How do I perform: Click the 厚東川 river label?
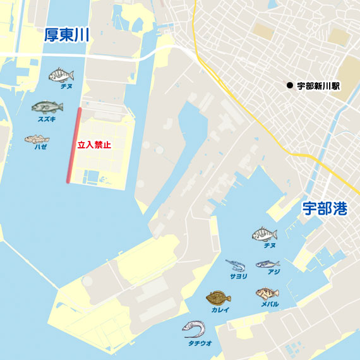tap(66, 35)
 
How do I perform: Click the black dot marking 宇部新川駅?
tap(289, 85)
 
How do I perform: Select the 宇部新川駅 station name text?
tap(318, 85)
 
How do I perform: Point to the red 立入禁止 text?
tap(94, 145)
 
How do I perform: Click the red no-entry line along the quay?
tap(74, 145)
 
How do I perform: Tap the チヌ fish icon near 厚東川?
tap(61, 75)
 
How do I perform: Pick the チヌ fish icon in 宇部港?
tap(265, 234)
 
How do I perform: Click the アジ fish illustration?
tap(267, 263)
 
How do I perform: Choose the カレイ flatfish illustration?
tap(219, 297)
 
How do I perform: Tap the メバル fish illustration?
tap(267, 293)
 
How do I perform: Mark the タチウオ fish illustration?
tap(194, 328)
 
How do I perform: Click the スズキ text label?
tap(47, 118)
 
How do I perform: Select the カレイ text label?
tap(220, 310)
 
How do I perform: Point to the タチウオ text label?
tap(200, 343)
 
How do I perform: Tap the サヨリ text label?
tap(238, 276)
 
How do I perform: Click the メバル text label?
tap(270, 304)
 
